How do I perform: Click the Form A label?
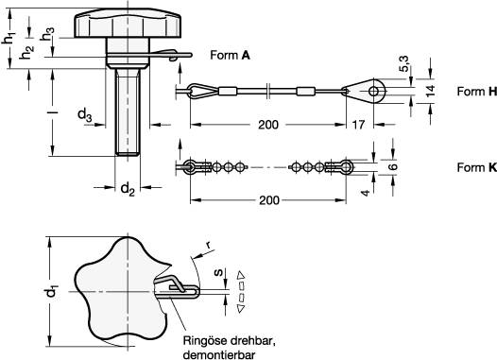coord(231,55)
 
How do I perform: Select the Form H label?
coord(477,92)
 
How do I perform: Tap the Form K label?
coord(477,167)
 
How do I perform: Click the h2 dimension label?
coord(26,52)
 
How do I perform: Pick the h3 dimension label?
coord(47,34)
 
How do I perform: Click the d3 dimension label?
coord(85,114)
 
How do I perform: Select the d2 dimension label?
coord(128,189)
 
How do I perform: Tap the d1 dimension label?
coord(52,292)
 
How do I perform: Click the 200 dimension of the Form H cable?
coord(268,125)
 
